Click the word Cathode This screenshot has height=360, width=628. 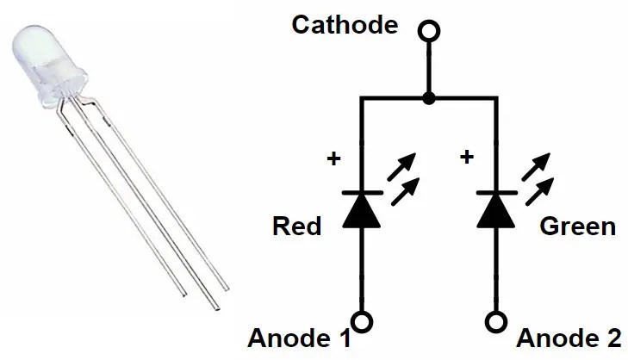[x=345, y=24]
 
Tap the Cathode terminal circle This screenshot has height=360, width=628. [x=427, y=32]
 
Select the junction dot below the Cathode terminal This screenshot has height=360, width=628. [x=427, y=100]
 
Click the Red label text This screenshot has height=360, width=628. [x=296, y=227]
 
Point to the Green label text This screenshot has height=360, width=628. [x=578, y=227]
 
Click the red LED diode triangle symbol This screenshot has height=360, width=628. [x=362, y=210]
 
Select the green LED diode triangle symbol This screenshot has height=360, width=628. [x=496, y=210]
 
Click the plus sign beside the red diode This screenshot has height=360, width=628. [x=333, y=158]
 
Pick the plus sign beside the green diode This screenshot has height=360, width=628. [x=467, y=158]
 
